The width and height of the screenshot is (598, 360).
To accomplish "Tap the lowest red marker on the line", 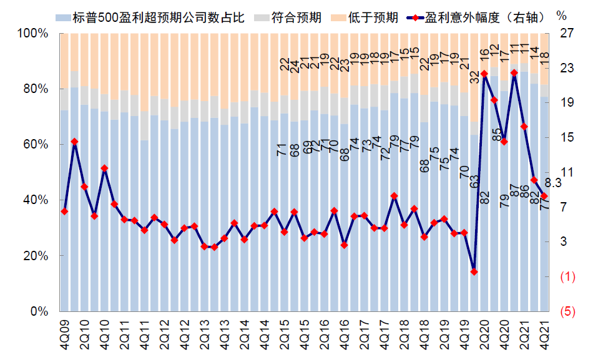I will click(474, 272).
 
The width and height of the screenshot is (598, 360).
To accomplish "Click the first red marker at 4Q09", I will click(64, 212).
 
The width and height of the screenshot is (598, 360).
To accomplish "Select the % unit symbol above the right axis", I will click(561, 15).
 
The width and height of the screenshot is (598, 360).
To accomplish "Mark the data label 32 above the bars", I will click(474, 77).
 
